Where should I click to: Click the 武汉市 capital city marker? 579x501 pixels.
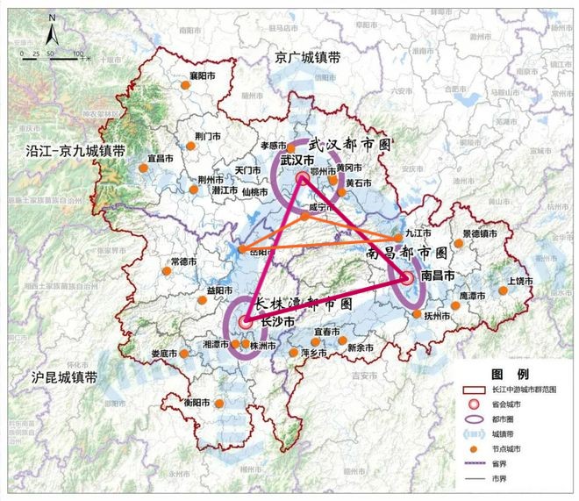point(303,178)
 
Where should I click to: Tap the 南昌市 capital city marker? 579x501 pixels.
point(406,278)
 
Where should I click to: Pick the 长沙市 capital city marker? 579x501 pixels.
point(245,322)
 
